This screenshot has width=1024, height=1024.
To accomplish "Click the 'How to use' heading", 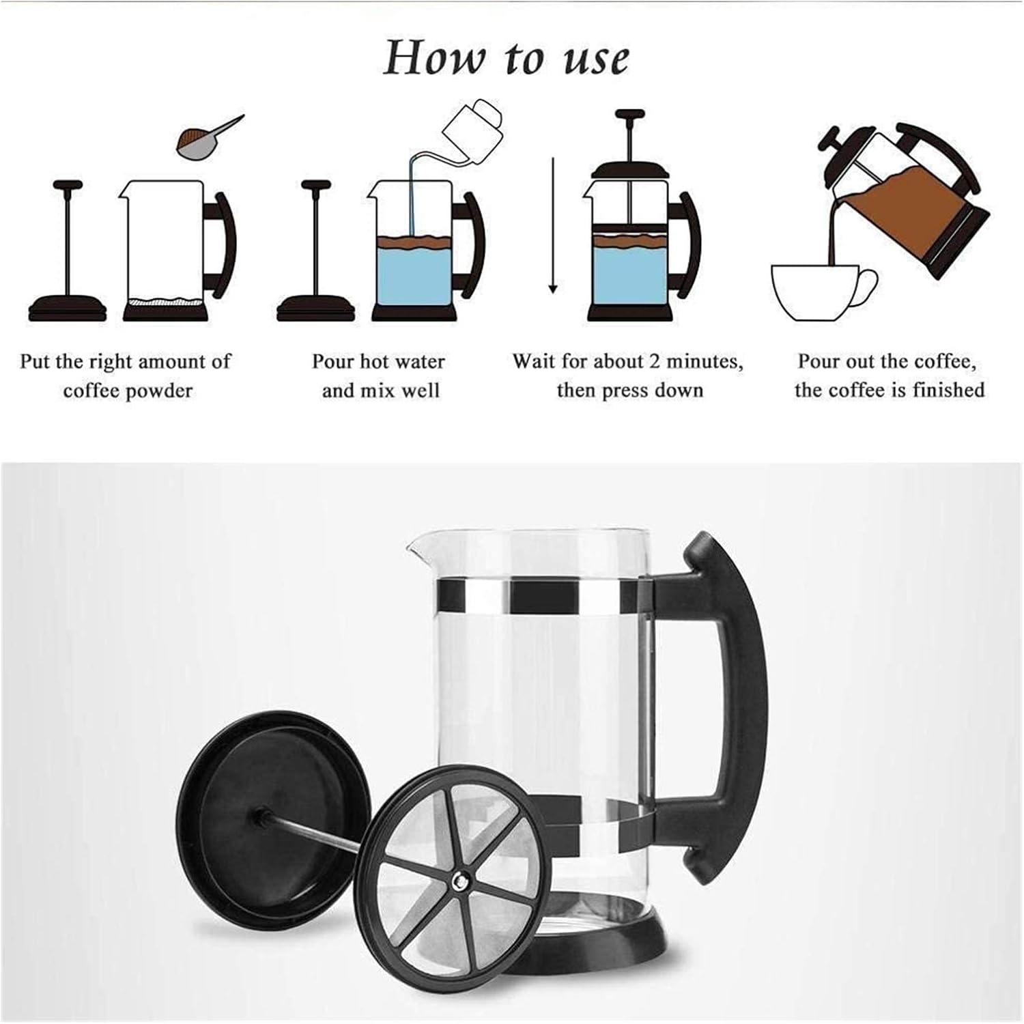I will tap(506, 57).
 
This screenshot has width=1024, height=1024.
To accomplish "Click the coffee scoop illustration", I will tap(205, 136).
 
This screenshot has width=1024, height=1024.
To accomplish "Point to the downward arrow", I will tap(553, 225).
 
